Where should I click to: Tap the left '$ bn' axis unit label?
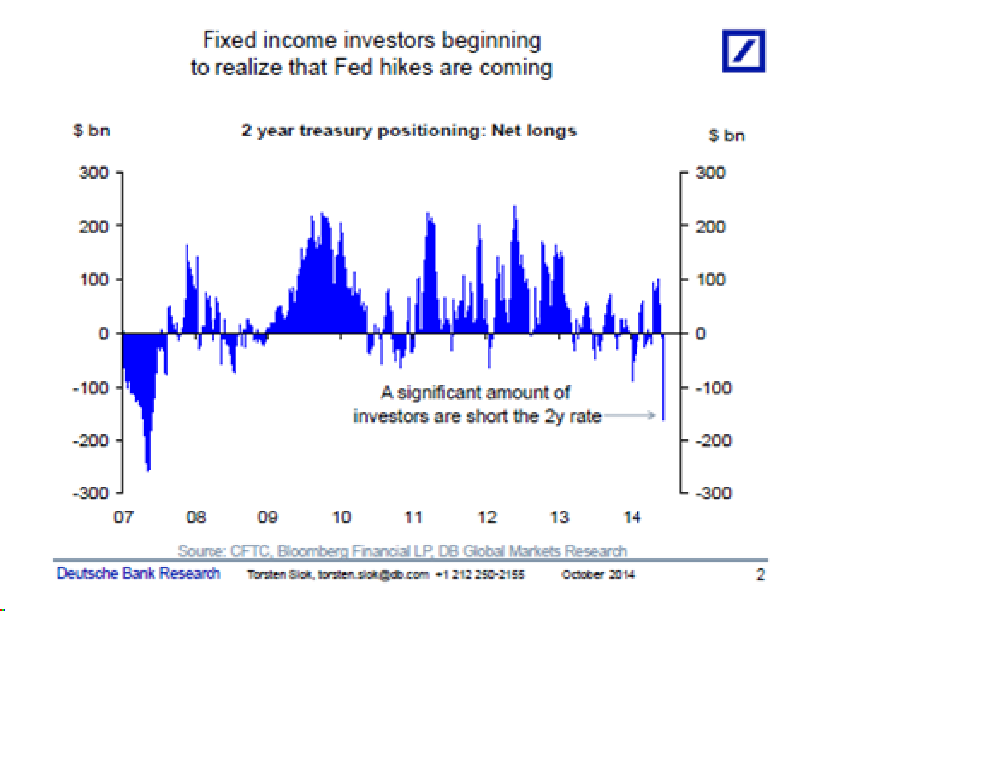[x=91, y=131]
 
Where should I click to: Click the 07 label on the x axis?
[x=123, y=517]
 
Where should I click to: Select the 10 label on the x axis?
[x=341, y=517]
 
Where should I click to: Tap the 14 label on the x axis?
[x=632, y=517]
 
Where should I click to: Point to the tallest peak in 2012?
[x=515, y=208]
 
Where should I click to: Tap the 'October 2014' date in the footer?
[x=598, y=575]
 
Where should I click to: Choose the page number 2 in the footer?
[x=761, y=575]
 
